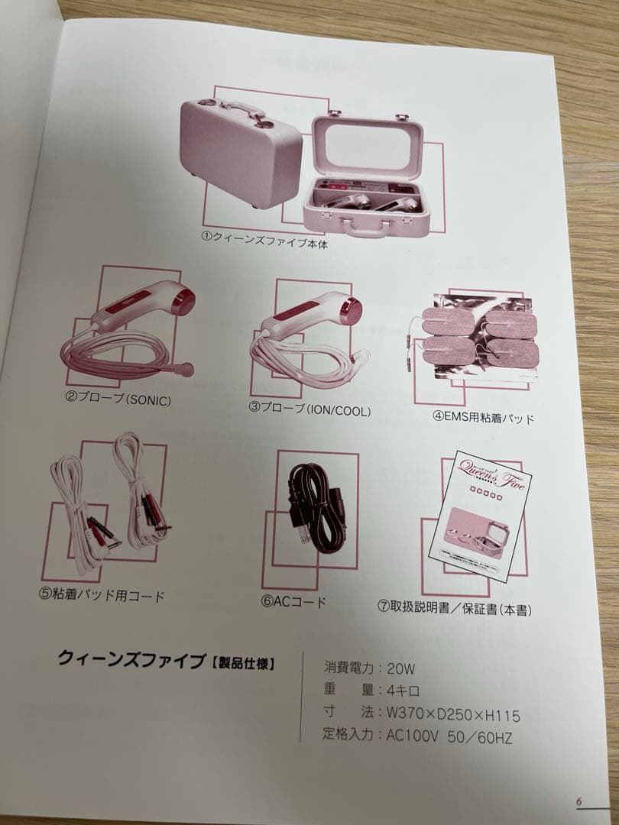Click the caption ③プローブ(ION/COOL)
309,410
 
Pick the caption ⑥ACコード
294,601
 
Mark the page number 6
579,802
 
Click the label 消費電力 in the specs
348,667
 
